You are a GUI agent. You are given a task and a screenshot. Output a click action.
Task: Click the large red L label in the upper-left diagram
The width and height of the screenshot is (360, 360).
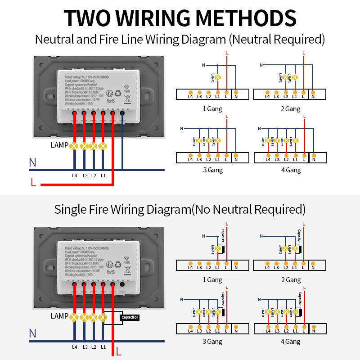tap(33, 182)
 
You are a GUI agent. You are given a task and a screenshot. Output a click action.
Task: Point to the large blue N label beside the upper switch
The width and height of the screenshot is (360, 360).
tap(32, 162)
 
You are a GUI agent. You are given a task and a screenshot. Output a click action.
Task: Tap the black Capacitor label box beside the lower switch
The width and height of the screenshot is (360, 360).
tap(130, 317)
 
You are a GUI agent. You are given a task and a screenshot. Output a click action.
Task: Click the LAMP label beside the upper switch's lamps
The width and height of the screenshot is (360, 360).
tap(59, 145)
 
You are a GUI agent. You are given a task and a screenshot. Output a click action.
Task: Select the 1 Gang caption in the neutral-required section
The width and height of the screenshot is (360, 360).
tap(212, 109)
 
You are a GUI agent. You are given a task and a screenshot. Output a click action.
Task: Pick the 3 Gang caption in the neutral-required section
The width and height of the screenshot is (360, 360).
tap(212, 170)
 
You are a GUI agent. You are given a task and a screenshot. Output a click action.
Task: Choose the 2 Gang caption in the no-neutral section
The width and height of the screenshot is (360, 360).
tap(291, 279)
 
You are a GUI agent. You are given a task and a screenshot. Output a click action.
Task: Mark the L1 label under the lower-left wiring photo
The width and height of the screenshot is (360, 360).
tap(103, 346)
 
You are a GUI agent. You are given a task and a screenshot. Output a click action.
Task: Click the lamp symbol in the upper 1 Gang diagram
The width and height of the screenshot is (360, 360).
tap(218, 77)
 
